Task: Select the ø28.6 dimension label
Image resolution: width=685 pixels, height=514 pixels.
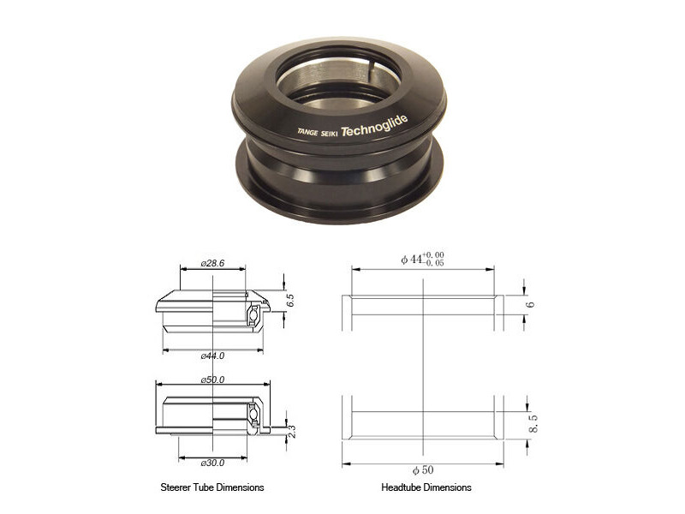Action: [212, 264]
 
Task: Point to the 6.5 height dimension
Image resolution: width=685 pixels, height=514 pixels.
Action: [290, 301]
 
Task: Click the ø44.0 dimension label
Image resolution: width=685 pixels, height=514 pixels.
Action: [212, 355]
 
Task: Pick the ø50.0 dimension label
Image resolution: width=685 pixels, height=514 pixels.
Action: [212, 379]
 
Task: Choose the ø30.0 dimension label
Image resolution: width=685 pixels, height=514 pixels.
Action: [212, 463]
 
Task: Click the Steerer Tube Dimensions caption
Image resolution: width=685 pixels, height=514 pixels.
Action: [211, 487]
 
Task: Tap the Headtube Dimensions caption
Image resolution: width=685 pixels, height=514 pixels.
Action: [426, 487]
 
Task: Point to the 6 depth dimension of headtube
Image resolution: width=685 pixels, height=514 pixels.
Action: [530, 304]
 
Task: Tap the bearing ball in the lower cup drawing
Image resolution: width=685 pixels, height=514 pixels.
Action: [253, 414]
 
